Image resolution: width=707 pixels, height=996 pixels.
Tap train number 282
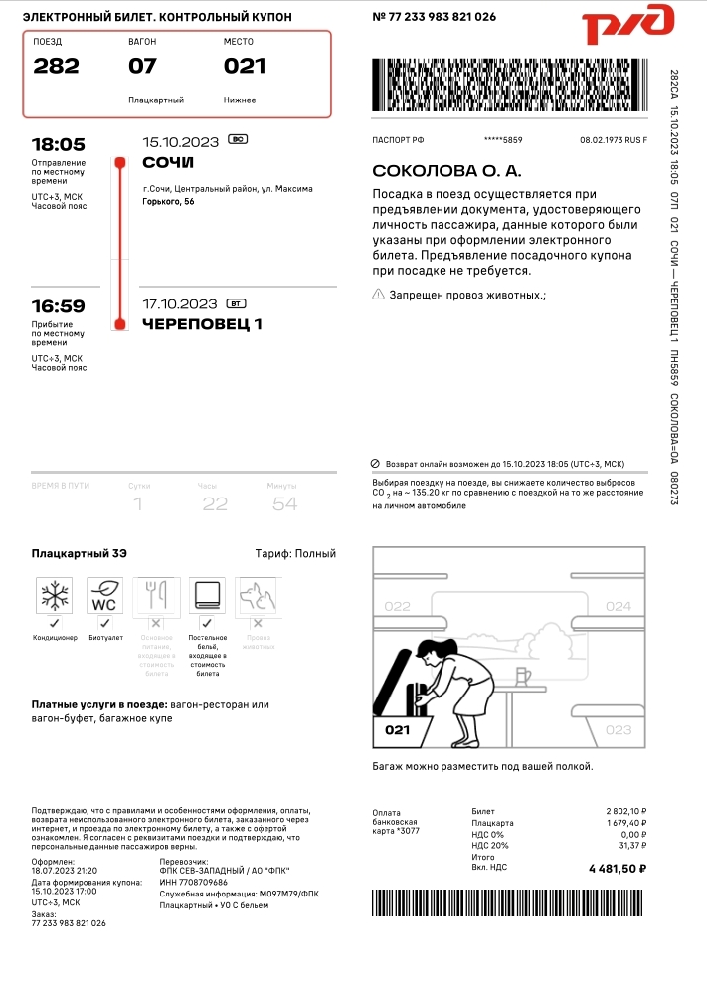(x=56, y=67)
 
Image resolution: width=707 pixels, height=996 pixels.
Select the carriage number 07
(x=143, y=67)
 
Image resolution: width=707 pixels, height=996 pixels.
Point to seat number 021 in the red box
(x=245, y=67)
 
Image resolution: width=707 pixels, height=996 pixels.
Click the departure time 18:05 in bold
(x=58, y=144)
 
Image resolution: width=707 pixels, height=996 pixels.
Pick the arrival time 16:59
(x=58, y=306)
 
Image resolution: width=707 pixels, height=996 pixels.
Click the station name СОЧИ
(x=168, y=162)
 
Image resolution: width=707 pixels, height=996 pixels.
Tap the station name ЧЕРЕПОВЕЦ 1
(x=203, y=324)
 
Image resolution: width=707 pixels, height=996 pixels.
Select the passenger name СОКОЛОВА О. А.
(x=445, y=172)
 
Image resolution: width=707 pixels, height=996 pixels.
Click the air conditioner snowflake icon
(x=54, y=596)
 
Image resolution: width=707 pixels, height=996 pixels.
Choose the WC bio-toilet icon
(x=105, y=596)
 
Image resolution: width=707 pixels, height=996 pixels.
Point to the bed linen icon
(x=207, y=596)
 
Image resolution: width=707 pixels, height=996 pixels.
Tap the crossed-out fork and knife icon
(x=155, y=596)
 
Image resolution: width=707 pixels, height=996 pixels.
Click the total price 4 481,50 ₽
(x=618, y=869)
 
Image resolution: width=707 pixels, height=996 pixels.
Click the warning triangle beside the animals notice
(x=378, y=295)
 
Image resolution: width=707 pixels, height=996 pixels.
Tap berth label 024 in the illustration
(x=618, y=606)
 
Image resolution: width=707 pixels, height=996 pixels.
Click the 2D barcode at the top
(x=509, y=86)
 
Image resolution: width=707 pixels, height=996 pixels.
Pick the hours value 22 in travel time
(x=215, y=504)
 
